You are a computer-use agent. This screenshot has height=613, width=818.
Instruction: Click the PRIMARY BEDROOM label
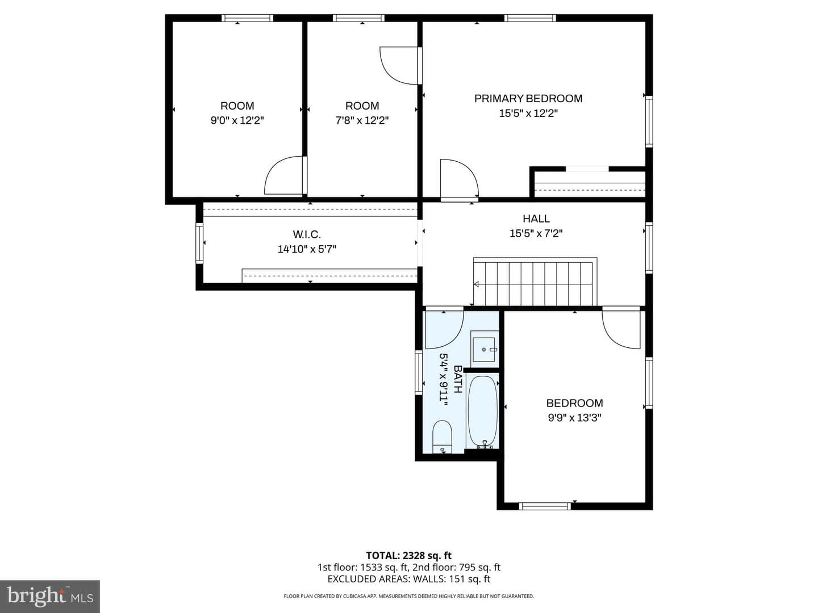tap(528, 99)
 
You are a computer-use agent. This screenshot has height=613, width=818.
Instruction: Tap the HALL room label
tap(536, 219)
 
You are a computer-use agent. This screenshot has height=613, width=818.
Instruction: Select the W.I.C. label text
tap(307, 234)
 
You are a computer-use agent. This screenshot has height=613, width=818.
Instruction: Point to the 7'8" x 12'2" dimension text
tap(362, 120)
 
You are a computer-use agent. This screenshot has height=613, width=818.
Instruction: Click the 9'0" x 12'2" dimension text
tap(237, 120)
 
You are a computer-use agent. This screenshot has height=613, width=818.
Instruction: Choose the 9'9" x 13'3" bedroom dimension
tap(574, 418)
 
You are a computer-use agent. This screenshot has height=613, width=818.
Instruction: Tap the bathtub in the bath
tap(483, 412)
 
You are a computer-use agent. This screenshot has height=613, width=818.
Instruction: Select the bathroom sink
tap(484, 350)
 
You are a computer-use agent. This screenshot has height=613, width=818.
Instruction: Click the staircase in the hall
tap(535, 282)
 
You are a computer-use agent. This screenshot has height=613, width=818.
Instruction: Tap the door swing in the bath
tap(445, 328)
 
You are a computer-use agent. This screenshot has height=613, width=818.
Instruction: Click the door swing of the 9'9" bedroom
tap(621, 328)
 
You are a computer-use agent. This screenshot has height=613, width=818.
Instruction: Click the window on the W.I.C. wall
tap(200, 243)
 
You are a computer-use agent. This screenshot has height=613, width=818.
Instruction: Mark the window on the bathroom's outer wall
tap(419, 372)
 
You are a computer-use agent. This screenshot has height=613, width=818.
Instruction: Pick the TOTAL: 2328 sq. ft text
tap(409, 555)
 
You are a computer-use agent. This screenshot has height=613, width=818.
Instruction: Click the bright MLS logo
tap(50, 597)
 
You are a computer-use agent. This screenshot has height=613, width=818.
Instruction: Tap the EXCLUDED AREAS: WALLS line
tap(409, 579)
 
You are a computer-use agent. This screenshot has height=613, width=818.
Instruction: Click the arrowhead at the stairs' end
tap(476, 284)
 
